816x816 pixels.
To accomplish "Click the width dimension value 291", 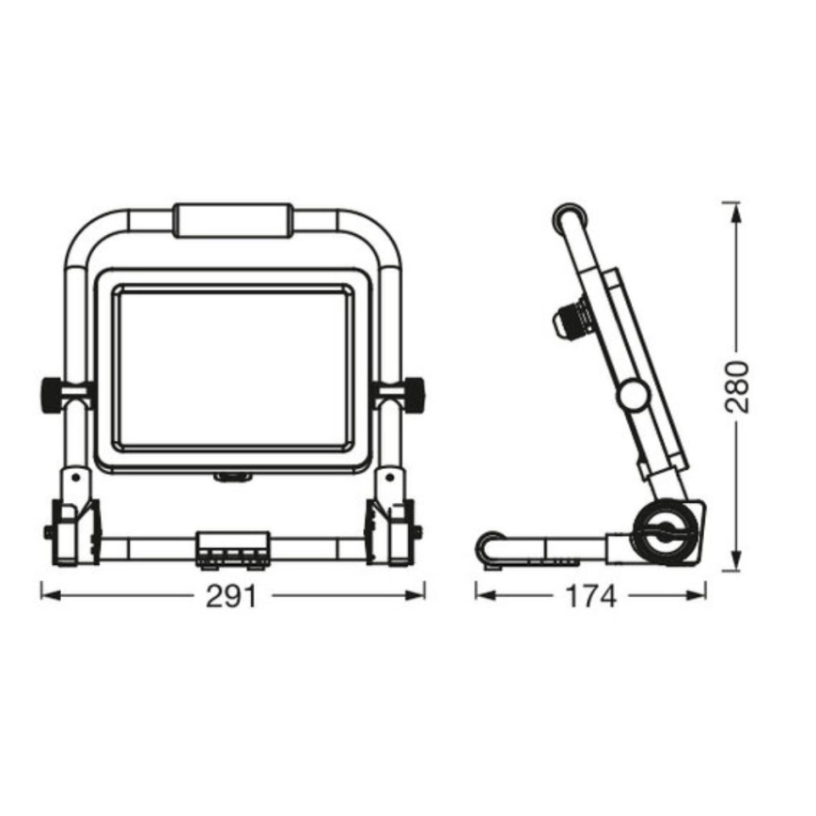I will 231,596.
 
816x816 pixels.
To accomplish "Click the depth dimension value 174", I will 592,596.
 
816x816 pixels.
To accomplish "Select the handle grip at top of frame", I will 233,220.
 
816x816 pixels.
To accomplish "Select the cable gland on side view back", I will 572,321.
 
